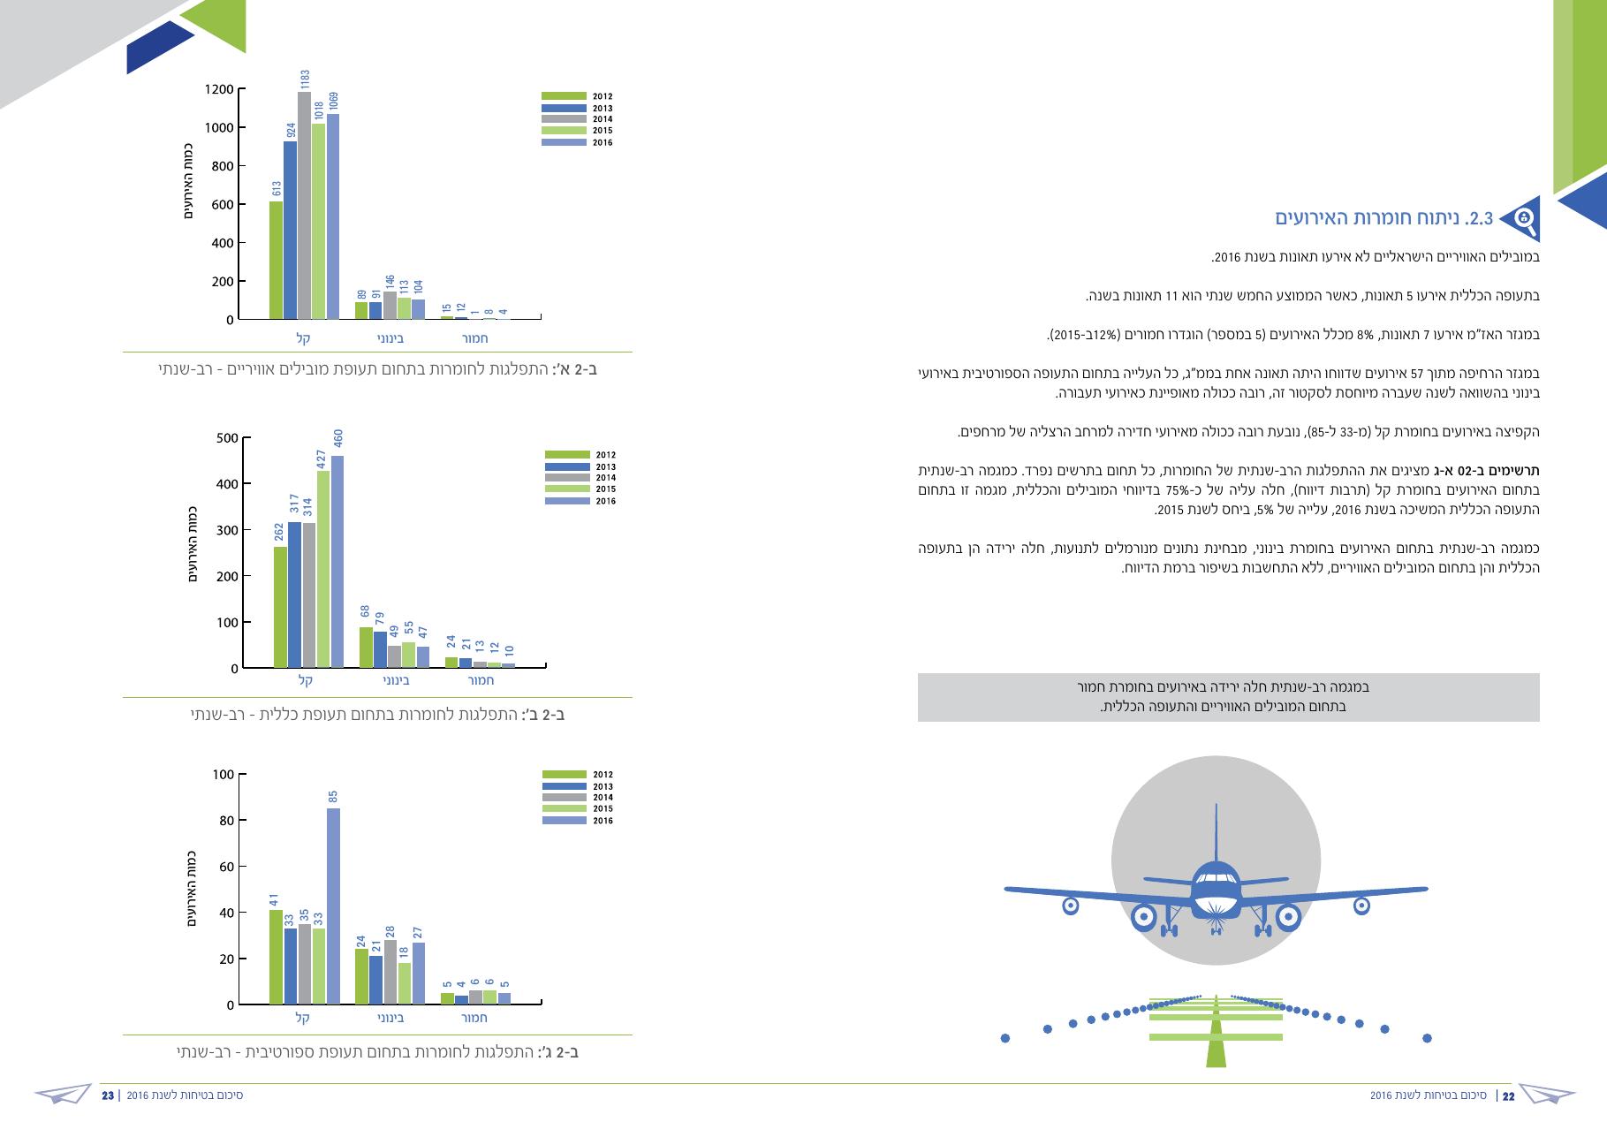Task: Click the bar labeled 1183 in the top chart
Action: tap(304, 205)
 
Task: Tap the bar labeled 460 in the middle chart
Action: tap(337, 562)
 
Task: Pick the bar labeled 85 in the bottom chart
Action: tap(333, 906)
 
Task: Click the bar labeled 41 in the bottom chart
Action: tap(277, 958)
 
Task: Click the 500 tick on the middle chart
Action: tap(227, 438)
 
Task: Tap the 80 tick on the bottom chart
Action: tap(227, 821)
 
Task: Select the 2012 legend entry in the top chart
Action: tap(577, 96)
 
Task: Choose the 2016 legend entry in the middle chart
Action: tap(580, 501)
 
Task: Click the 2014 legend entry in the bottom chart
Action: tap(577, 798)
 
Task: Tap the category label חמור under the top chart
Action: tap(476, 338)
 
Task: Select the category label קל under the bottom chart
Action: tap(303, 1018)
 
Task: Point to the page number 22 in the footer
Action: tap(1508, 1096)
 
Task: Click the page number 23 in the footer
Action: tap(108, 1096)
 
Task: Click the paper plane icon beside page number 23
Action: tap(64, 1095)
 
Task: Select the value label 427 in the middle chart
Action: tap(322, 459)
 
